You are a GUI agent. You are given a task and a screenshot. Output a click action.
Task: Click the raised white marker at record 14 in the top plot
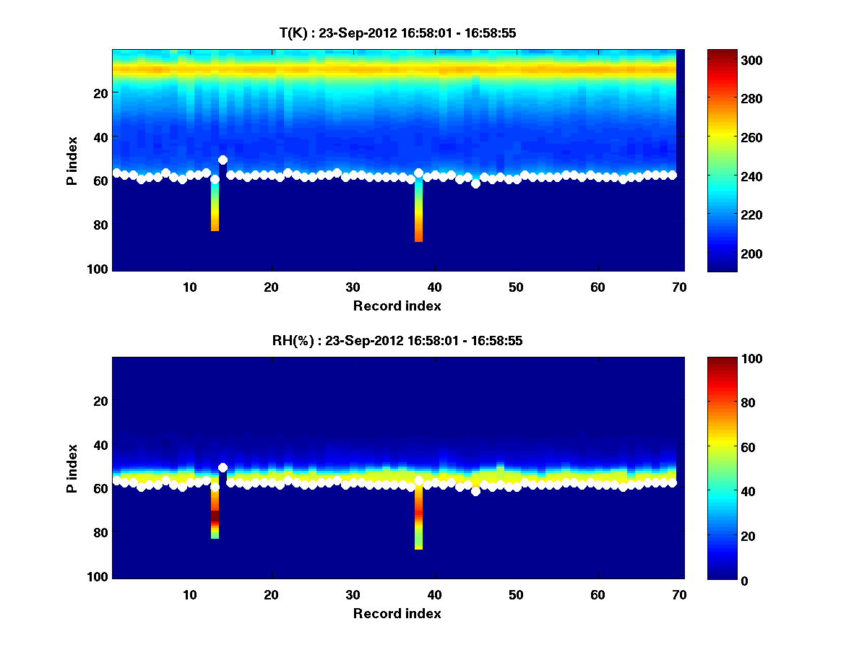pos(223,160)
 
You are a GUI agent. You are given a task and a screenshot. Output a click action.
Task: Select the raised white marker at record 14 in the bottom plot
pos(223,467)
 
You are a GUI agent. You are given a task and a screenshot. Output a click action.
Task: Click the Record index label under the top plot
pos(397,306)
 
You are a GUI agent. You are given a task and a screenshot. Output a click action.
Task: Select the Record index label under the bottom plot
pos(397,614)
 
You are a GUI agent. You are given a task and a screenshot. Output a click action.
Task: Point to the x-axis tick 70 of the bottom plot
pos(678,594)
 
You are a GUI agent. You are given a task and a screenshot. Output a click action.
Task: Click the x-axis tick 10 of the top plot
pos(189,287)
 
